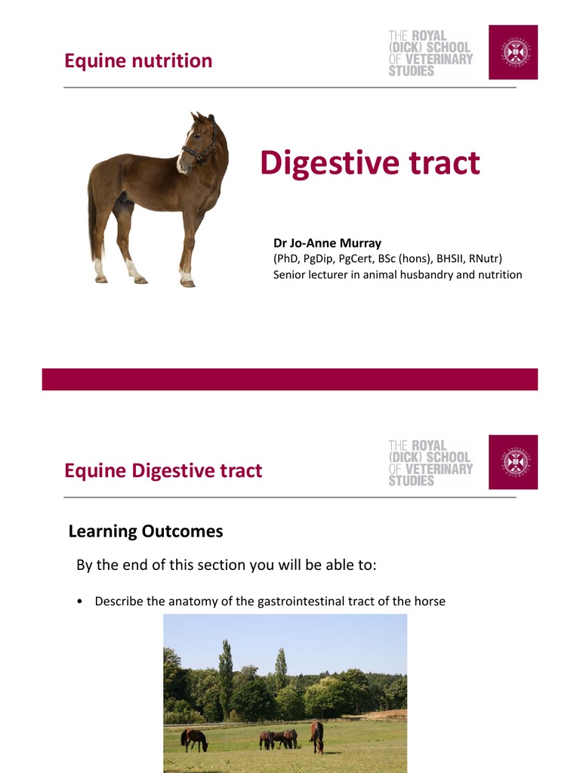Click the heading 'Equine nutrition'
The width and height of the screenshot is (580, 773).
point(138,61)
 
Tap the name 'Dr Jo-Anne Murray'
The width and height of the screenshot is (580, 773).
point(327,243)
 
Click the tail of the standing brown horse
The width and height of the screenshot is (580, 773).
point(92,219)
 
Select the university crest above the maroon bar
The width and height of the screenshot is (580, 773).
point(513,52)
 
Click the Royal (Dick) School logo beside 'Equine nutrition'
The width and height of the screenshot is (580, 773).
point(430,53)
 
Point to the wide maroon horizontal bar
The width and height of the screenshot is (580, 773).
point(289,379)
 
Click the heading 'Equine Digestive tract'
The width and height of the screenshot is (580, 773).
point(163,471)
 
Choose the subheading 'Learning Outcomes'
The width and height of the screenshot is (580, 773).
point(146,531)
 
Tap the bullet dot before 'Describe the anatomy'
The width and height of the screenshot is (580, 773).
point(79,602)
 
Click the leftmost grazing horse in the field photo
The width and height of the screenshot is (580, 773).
point(195,739)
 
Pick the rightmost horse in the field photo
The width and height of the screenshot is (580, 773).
point(316,735)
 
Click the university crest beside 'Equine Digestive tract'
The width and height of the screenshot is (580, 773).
point(513,462)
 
